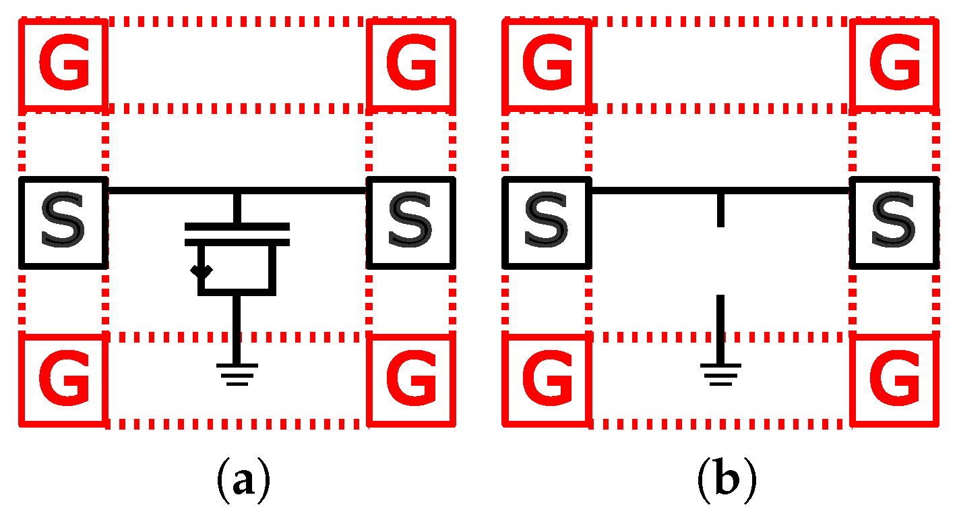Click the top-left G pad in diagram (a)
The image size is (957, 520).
[x=63, y=64]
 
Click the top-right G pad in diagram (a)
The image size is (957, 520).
[x=411, y=64]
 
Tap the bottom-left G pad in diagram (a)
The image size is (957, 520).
[x=63, y=382]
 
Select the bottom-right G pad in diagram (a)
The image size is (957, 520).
[x=411, y=382]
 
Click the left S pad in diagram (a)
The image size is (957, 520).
[x=63, y=222]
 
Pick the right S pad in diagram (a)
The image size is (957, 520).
[x=411, y=222]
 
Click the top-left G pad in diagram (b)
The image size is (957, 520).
[x=547, y=64]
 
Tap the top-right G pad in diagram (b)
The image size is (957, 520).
[x=895, y=64]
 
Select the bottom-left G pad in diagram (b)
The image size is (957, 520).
[x=547, y=382]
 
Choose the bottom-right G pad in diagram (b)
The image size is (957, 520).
[x=895, y=382]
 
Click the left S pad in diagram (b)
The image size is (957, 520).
[x=547, y=222]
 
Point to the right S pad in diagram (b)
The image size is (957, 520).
[x=895, y=222]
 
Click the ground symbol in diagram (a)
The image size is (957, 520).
[x=237, y=374]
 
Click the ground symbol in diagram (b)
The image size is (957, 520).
[x=720, y=374]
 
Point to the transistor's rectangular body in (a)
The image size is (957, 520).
[x=237, y=269]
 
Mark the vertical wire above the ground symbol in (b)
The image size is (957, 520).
[x=720, y=328]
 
